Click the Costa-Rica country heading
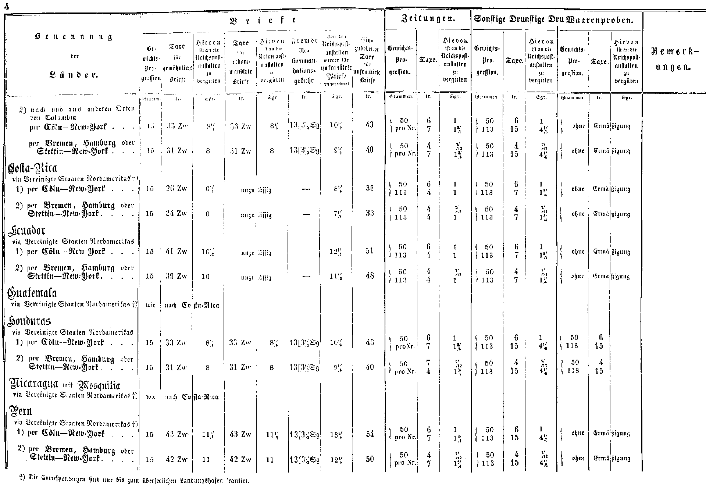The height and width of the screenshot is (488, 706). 33,168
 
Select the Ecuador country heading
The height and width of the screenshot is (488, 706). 26,231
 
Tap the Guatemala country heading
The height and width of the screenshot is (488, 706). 32,293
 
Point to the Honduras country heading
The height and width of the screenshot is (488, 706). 29,321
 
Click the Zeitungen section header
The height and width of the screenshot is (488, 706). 428,19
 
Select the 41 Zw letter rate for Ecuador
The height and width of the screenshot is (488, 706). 176,252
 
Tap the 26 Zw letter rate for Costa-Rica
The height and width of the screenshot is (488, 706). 176,189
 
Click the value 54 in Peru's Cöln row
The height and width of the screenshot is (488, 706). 370,434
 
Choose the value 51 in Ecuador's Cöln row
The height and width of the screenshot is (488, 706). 370,251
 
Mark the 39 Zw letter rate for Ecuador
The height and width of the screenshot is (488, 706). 176,276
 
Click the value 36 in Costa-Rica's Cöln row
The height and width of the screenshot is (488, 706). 370,188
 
